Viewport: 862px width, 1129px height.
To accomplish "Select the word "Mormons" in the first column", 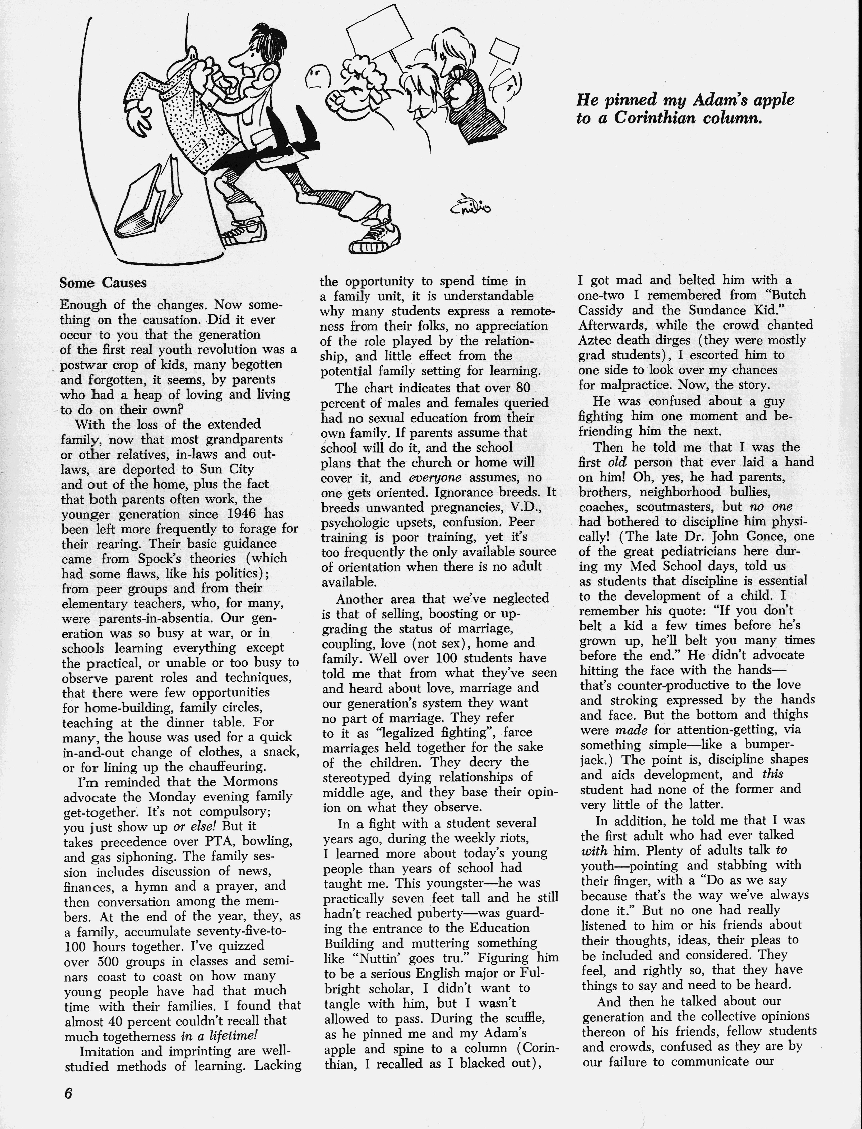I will (x=251, y=781).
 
